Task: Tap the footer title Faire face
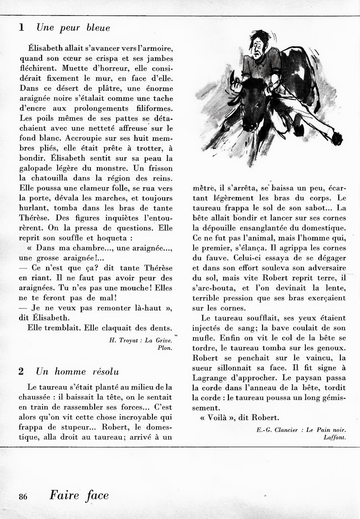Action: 79,495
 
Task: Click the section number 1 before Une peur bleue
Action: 21,28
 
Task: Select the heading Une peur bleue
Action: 73,28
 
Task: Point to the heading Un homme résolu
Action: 78,372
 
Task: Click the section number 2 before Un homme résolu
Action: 21,372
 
